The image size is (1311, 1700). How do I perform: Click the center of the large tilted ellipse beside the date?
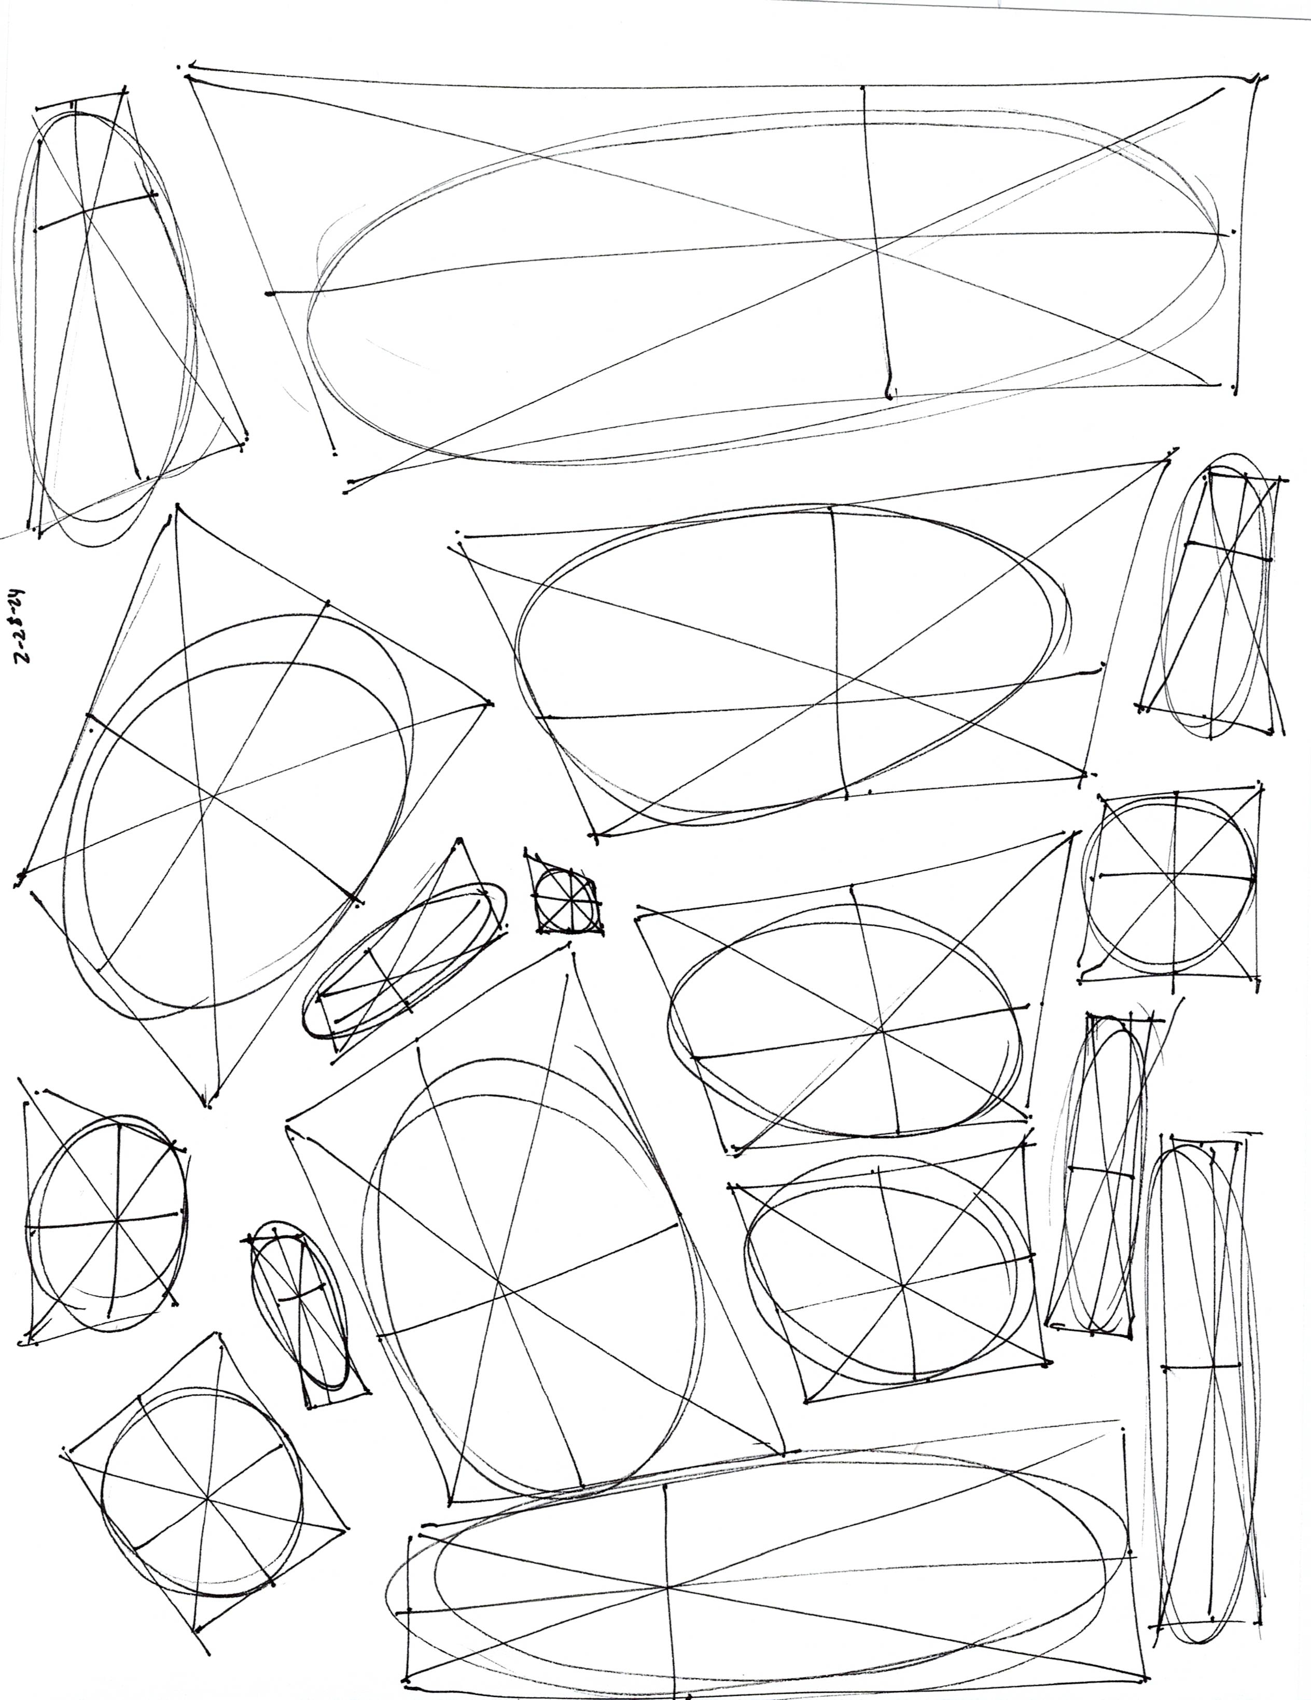coord(214,794)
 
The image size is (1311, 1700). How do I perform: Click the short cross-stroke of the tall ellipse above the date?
coord(97,210)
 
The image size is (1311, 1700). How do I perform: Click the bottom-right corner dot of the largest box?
coord(1235,387)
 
